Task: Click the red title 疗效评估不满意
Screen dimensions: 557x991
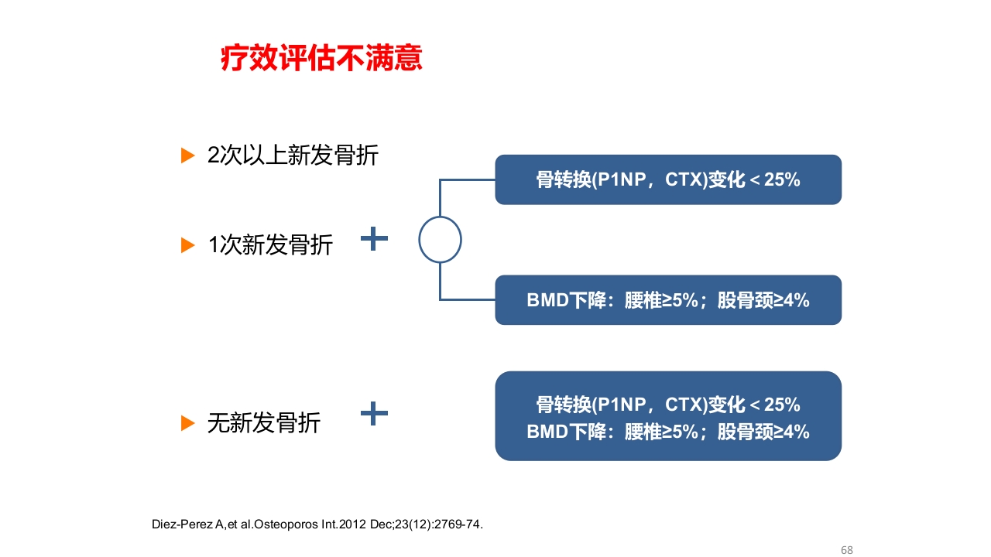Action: point(321,59)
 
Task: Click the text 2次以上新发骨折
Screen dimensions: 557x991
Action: point(293,155)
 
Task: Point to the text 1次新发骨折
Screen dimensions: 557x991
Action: point(270,245)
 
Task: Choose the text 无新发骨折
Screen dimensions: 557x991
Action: point(263,423)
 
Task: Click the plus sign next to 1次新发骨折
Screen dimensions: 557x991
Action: point(374,238)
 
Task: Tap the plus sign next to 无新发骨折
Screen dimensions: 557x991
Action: point(374,414)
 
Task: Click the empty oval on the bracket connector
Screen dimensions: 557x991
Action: point(440,240)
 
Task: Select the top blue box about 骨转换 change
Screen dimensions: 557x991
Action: point(667,179)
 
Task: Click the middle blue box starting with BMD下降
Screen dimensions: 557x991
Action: point(667,300)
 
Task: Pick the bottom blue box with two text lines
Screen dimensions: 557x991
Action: point(667,416)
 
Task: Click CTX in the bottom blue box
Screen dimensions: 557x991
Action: point(683,405)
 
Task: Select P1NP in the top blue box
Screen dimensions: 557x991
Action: point(622,180)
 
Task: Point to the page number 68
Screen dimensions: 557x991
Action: point(846,550)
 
